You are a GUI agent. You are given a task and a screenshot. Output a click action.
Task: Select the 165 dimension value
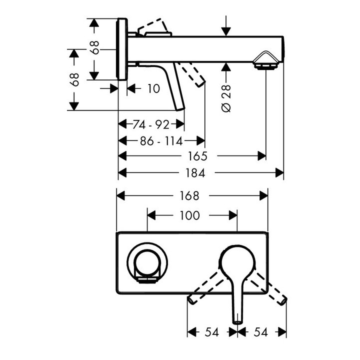pyautogui.click(x=198, y=156)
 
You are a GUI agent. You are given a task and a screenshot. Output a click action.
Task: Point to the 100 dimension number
pyautogui.click(x=190, y=215)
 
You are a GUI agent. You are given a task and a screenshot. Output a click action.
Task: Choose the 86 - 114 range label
pyautogui.click(x=161, y=140)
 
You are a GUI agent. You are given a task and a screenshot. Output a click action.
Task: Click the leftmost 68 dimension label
pyautogui.click(x=74, y=79)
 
